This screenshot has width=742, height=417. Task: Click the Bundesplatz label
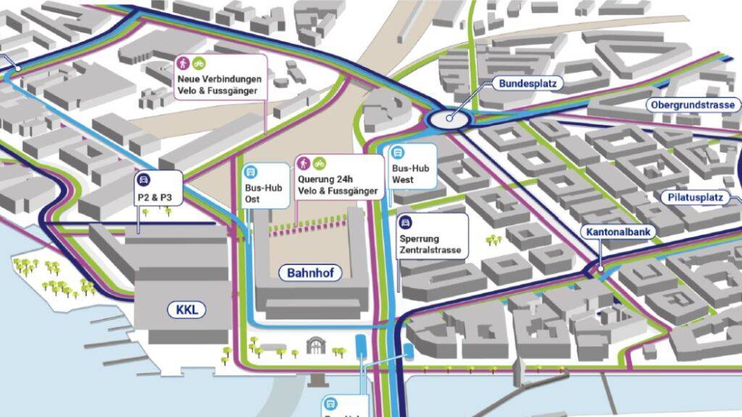[528, 83]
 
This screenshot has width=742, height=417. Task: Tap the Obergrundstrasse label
[693, 105]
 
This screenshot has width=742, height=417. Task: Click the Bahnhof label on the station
[309, 273]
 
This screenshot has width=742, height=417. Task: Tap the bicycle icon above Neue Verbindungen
[198, 63]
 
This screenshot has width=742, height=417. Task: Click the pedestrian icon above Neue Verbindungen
[183, 63]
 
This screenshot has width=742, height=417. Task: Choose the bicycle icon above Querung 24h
[319, 163]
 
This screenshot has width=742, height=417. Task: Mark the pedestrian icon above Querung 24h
[304, 163]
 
